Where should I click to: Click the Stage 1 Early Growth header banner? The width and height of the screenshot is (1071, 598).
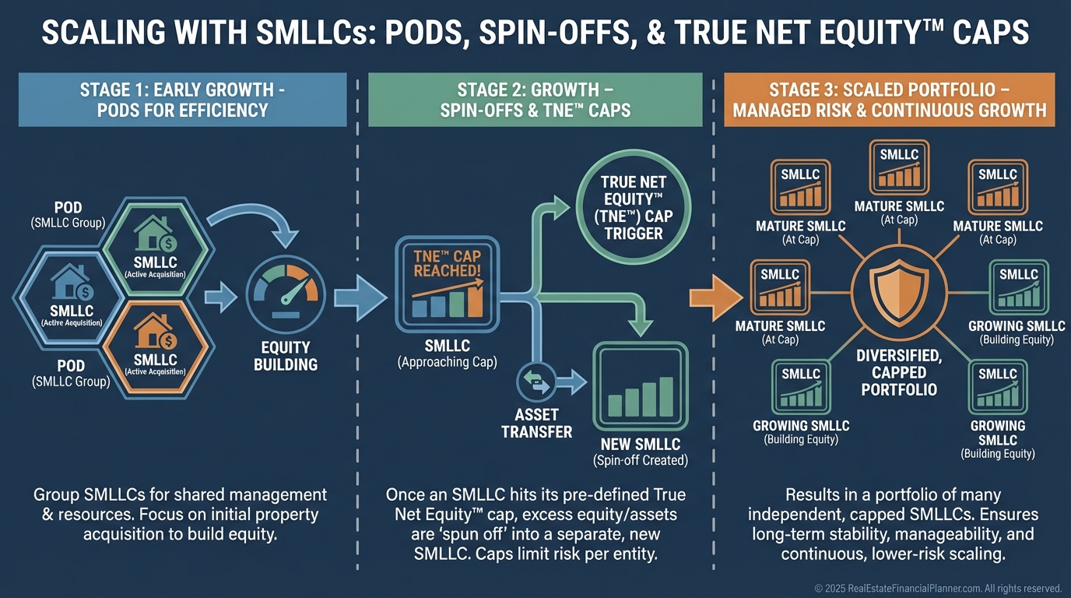[x=182, y=100]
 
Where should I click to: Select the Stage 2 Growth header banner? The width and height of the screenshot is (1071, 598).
[x=535, y=100]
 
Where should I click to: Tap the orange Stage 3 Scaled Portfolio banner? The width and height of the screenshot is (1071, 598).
[x=889, y=100]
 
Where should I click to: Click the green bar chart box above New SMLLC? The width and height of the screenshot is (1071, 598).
[x=641, y=385]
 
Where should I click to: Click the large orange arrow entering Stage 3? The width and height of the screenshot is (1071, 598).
[x=712, y=297]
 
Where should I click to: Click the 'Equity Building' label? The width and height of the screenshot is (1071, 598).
[x=286, y=355]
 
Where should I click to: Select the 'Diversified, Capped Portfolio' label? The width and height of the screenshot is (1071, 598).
[x=899, y=371]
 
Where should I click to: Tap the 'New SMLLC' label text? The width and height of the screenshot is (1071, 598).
[x=641, y=445]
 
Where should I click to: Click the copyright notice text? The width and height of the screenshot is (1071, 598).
[x=937, y=588]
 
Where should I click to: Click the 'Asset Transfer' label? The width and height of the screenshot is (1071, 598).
[x=537, y=424]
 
